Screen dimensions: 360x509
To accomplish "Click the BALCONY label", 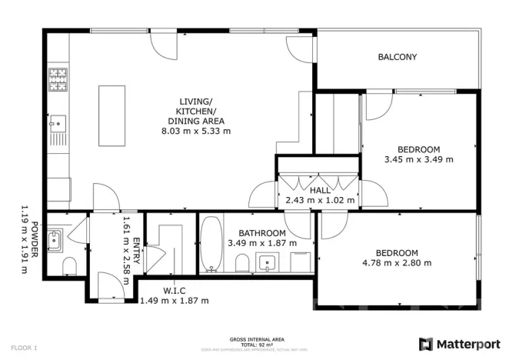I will [397, 57].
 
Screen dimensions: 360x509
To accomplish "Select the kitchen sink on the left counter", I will [57, 122].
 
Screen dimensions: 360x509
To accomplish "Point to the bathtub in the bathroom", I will [211, 245].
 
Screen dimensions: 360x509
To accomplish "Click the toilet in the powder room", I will [69, 265].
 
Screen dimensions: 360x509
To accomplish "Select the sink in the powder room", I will [55, 241].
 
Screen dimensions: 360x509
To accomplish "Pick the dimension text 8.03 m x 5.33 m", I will [195, 132].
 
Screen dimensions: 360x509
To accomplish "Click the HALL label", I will [320, 190].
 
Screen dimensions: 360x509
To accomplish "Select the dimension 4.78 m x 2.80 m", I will [396, 263].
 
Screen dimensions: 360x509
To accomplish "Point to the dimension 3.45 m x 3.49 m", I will [418, 160].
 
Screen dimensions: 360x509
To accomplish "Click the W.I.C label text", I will [174, 291].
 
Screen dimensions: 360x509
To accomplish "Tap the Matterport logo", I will [458, 343].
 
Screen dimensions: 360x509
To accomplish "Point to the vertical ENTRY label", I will [136, 252].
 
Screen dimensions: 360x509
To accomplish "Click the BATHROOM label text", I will [261, 233].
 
